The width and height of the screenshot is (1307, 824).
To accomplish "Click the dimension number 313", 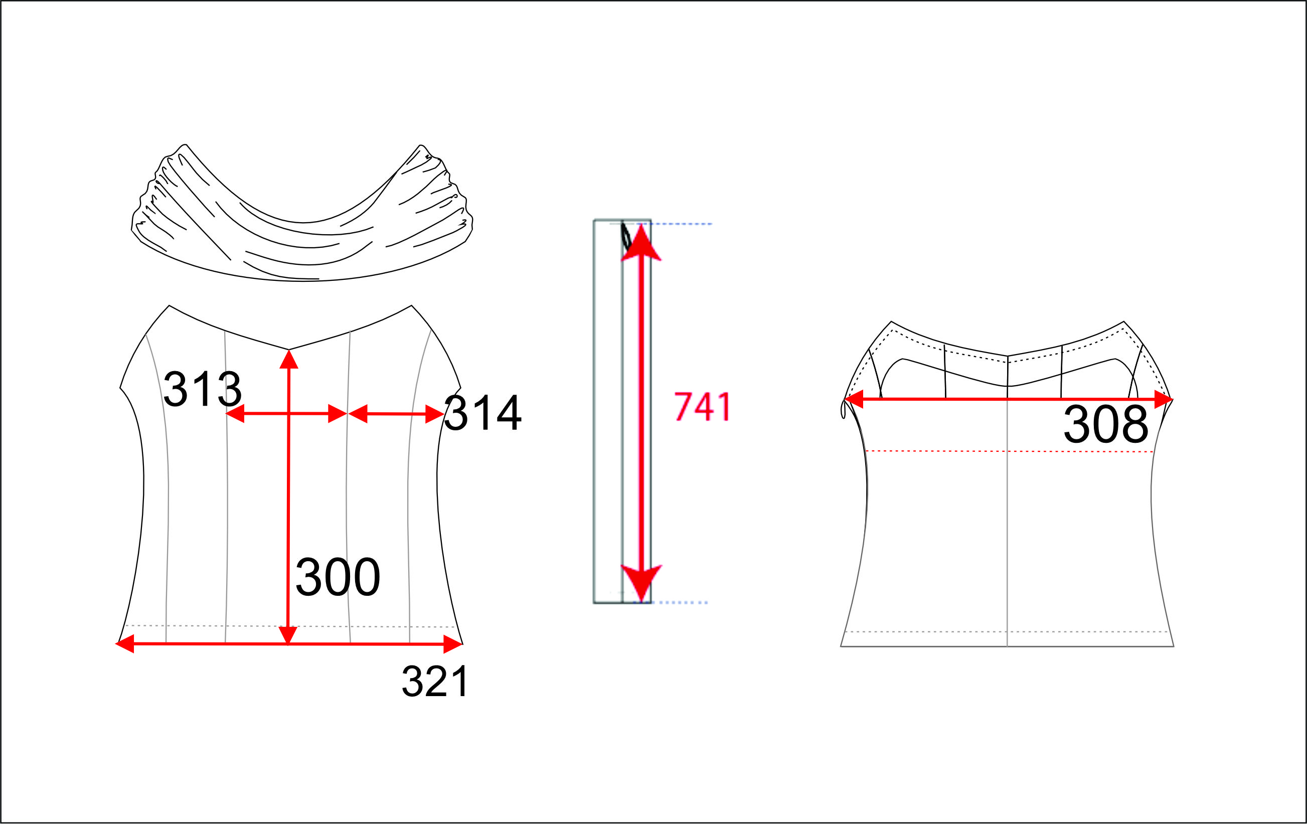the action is click(203, 389).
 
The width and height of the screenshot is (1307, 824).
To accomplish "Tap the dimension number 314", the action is click(482, 413).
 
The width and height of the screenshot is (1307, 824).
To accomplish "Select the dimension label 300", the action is click(338, 577).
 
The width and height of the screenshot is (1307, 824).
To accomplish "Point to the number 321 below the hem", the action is click(435, 682).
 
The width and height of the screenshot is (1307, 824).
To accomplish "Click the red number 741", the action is click(703, 407).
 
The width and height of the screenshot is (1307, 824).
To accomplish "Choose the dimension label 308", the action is click(1105, 424).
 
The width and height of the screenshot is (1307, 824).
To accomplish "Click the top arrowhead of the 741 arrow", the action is click(641, 242).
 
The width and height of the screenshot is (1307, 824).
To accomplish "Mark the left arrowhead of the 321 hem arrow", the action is click(125, 644).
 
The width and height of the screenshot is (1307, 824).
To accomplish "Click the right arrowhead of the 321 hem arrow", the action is click(453, 644).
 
